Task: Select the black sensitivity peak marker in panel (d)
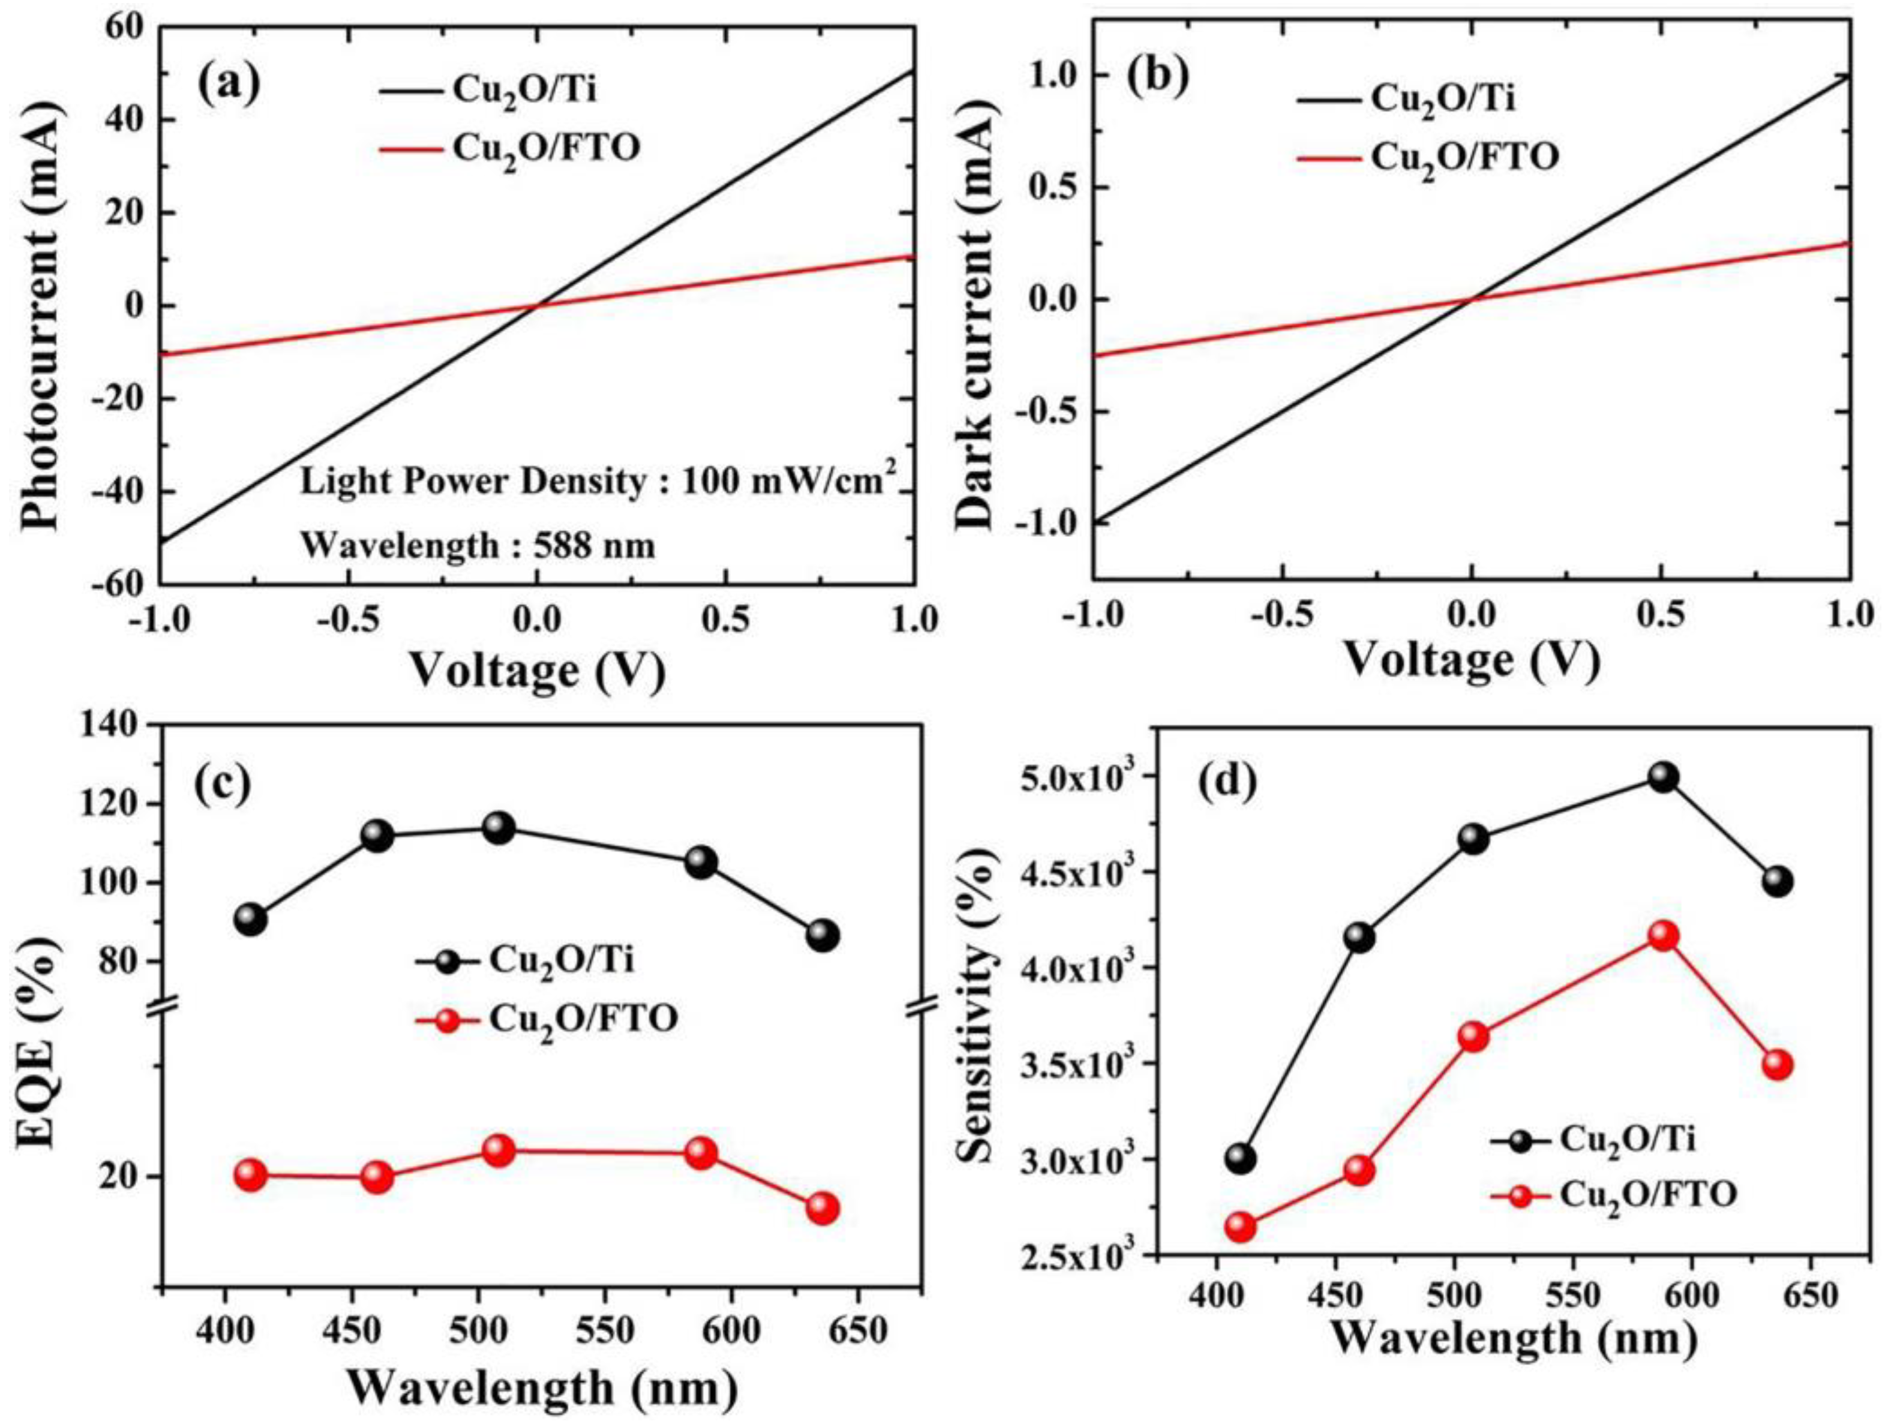coord(1662,777)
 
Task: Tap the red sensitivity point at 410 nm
coord(1240,1227)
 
